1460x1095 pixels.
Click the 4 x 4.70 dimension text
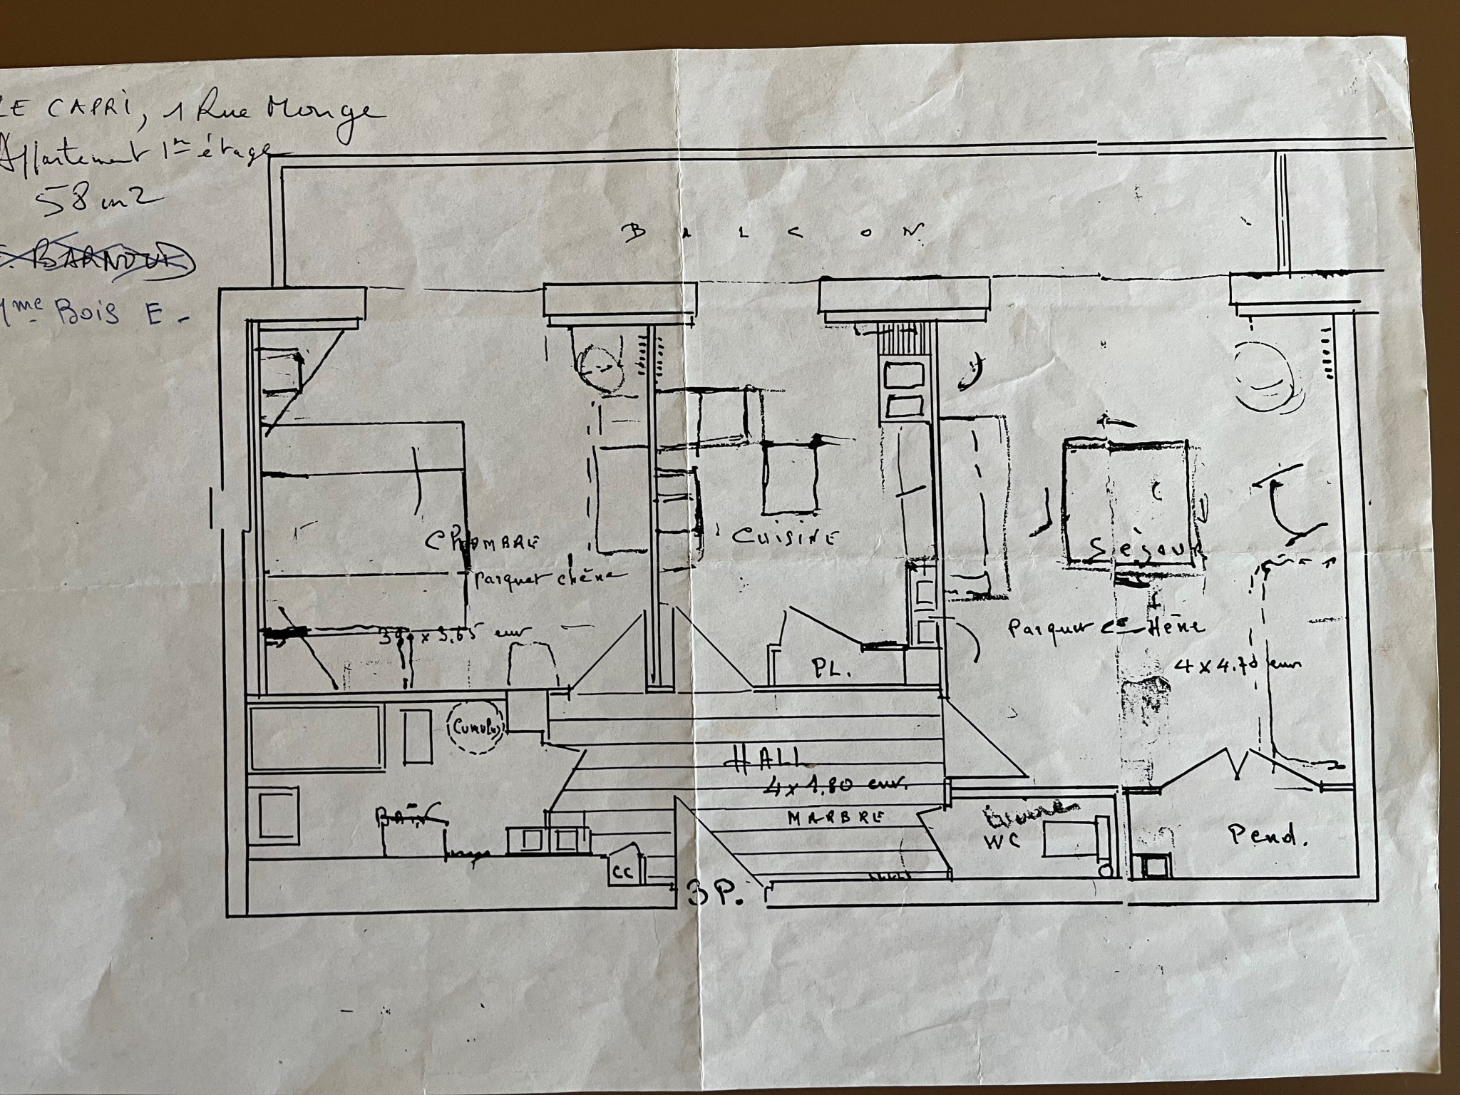(x=1237, y=665)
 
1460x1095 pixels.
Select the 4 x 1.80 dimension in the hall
(x=834, y=785)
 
